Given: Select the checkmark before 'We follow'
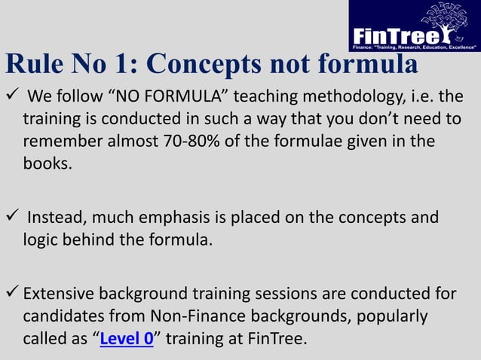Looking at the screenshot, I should click(11, 96).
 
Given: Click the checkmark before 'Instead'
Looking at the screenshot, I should click(11, 218).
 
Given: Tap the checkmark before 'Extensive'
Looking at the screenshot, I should click(11, 292).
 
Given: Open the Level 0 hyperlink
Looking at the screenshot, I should click(127, 338).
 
